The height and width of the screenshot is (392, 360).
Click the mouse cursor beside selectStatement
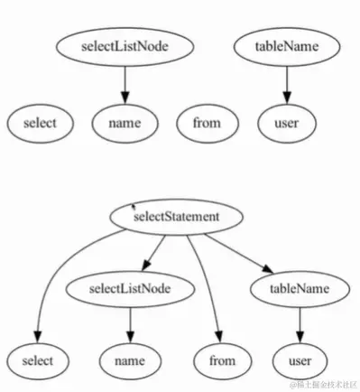pos(134,208)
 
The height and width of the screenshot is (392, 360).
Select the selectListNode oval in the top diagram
pos(125,44)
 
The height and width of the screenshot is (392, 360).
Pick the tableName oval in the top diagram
pos(286,44)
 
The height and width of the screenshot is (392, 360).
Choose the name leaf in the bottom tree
pos(131,360)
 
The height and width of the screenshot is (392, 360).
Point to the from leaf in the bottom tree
pos(222,360)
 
